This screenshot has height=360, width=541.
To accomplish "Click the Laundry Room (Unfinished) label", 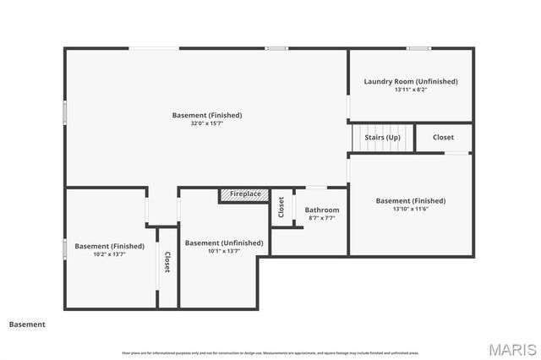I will pyautogui.click(x=411, y=81).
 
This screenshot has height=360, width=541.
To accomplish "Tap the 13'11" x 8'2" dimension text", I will pyautogui.click(x=411, y=90).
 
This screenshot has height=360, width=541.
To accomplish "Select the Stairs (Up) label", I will pyautogui.click(x=382, y=137).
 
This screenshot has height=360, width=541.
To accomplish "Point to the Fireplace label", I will pyautogui.click(x=245, y=194).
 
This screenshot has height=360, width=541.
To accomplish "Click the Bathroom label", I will pyautogui.click(x=322, y=210).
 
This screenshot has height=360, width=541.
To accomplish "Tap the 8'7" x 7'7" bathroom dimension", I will pyautogui.click(x=322, y=218).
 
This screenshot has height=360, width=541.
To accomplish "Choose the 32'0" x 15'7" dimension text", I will pyautogui.click(x=207, y=123).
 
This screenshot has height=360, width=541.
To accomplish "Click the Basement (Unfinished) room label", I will pyautogui.click(x=224, y=243).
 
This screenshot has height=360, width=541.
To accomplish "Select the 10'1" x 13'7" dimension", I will pyautogui.click(x=224, y=251).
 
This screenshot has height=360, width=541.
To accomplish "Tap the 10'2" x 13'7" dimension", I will pyautogui.click(x=109, y=254).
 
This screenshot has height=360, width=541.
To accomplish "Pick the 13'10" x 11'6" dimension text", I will pyautogui.click(x=411, y=209).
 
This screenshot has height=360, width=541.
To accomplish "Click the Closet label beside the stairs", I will pyautogui.click(x=443, y=137).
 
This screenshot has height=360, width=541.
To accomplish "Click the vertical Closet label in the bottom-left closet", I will pyautogui.click(x=167, y=263).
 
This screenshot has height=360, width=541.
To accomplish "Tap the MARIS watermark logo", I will pyautogui.click(x=512, y=349).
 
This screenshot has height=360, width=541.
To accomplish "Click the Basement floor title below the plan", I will pyautogui.click(x=27, y=324).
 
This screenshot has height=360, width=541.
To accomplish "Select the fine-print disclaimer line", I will pyautogui.click(x=270, y=352).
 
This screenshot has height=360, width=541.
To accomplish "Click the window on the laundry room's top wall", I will pyautogui.click(x=418, y=48).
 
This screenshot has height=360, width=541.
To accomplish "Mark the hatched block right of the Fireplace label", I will pyautogui.click(x=277, y=196).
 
